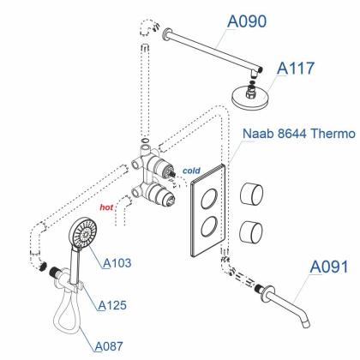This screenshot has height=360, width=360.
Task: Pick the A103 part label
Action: (117, 263)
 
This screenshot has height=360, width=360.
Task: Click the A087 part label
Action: (108, 345)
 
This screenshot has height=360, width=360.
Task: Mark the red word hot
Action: (107, 207)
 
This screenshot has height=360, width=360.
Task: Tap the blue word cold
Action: (193, 170)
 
